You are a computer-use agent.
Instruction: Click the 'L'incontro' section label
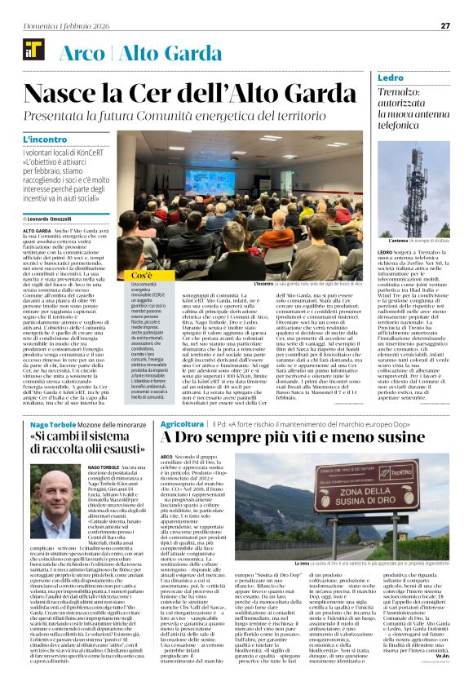tap(46, 140)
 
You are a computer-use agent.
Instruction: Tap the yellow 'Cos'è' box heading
tap(143, 276)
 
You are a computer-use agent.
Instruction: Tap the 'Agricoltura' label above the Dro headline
tap(182, 425)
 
